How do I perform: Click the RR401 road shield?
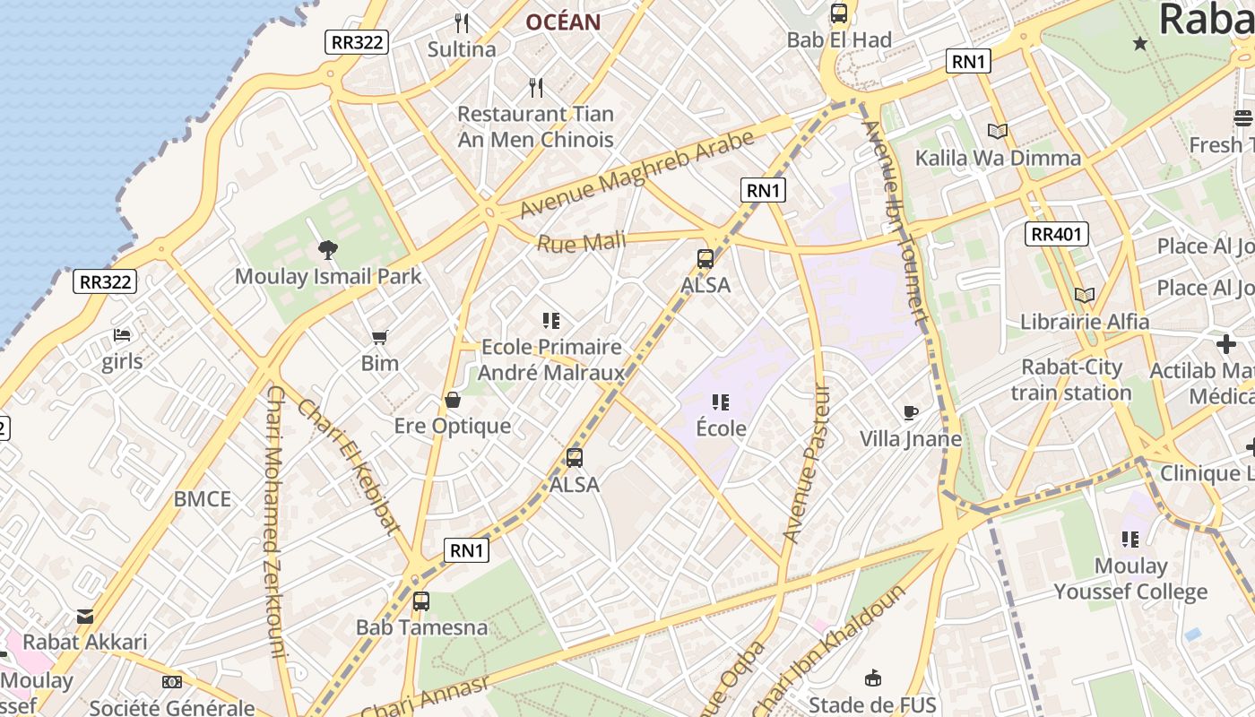point(1057,235)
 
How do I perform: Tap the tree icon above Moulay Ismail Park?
point(327,251)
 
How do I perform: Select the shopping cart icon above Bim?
point(379,338)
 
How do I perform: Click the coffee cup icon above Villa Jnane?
point(911,413)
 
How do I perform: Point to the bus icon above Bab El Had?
point(839,13)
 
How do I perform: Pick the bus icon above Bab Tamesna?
point(421,601)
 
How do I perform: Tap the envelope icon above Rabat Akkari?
point(85,617)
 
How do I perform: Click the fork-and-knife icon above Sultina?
point(462,23)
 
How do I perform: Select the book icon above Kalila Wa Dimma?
point(998,132)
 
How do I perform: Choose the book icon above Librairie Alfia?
point(1085,295)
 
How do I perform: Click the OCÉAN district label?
point(563,22)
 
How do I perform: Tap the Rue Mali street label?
point(582,242)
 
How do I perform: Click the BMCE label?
point(203,499)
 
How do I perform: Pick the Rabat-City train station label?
point(1072,380)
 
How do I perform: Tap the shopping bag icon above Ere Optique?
point(453,400)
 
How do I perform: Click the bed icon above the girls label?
point(122,336)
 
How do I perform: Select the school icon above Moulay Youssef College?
point(1130,540)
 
